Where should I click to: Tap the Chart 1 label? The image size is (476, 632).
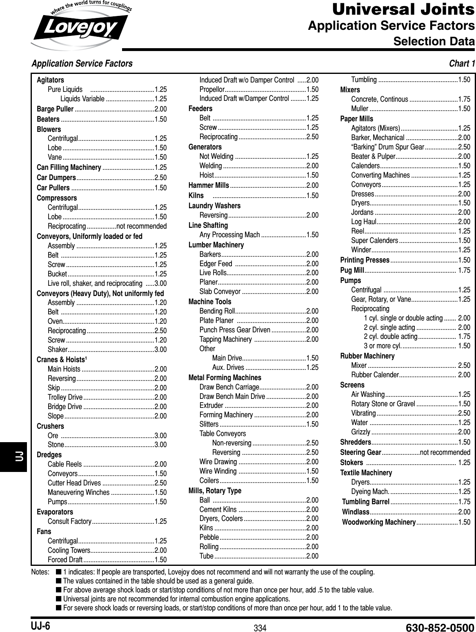tap(462, 64)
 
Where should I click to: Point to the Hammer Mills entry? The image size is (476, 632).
tap(209, 186)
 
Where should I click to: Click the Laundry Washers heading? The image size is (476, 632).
tap(214, 205)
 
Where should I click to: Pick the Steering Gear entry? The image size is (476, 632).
tap(361, 452)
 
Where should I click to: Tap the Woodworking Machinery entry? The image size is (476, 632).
tap(378, 522)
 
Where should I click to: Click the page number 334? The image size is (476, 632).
tap(260, 628)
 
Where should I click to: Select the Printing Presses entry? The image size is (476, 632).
tap(365, 260)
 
